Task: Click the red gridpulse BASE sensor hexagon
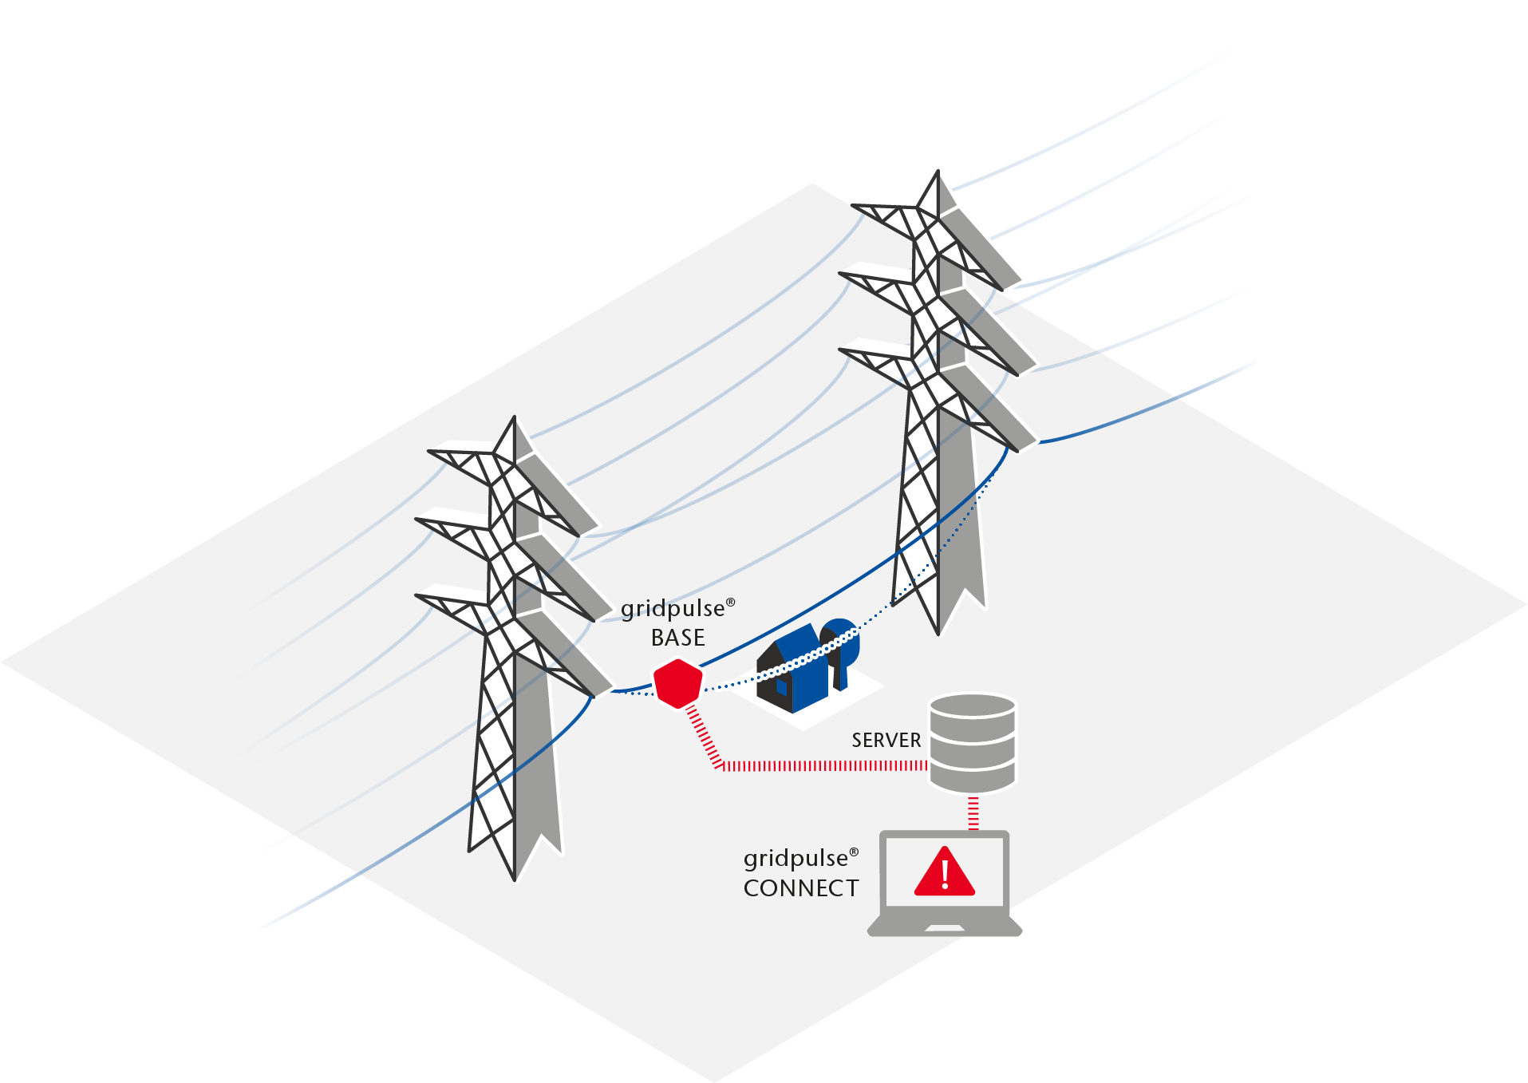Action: click(678, 682)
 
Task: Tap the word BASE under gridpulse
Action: click(678, 638)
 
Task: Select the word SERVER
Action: click(886, 741)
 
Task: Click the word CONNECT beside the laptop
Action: click(801, 888)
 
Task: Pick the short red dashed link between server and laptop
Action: click(973, 813)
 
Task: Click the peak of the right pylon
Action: click(938, 171)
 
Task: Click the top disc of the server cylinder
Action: click(973, 707)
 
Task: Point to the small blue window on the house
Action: click(782, 687)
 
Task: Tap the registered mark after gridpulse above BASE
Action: click(730, 603)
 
